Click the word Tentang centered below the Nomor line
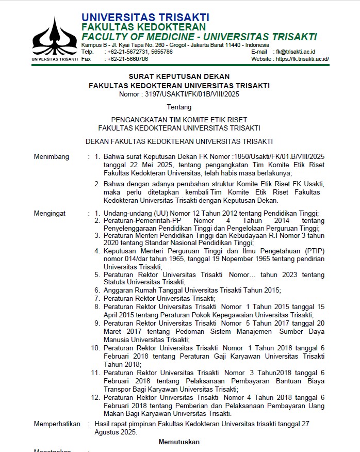tap(179, 107)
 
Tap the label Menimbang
tap(52, 156)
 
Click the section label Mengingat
tap(50, 213)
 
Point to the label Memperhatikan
tap(57, 424)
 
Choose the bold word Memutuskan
tap(179, 442)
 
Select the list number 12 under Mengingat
tap(95, 397)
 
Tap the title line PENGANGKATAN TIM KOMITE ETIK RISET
tap(179, 120)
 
